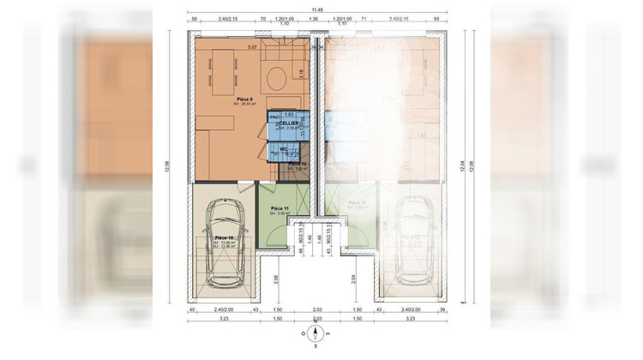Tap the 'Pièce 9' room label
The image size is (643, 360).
(x=244, y=99)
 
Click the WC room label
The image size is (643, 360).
(x=282, y=148)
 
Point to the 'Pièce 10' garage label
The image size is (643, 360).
(x=224, y=237)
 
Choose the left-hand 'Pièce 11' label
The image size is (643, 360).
(x=279, y=209)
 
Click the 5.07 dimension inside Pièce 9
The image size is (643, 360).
(x=252, y=46)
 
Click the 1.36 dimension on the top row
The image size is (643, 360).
(x=313, y=17)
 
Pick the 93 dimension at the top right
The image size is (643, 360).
(x=436, y=17)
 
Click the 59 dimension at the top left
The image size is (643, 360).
(x=194, y=17)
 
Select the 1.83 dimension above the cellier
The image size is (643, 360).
(x=289, y=113)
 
